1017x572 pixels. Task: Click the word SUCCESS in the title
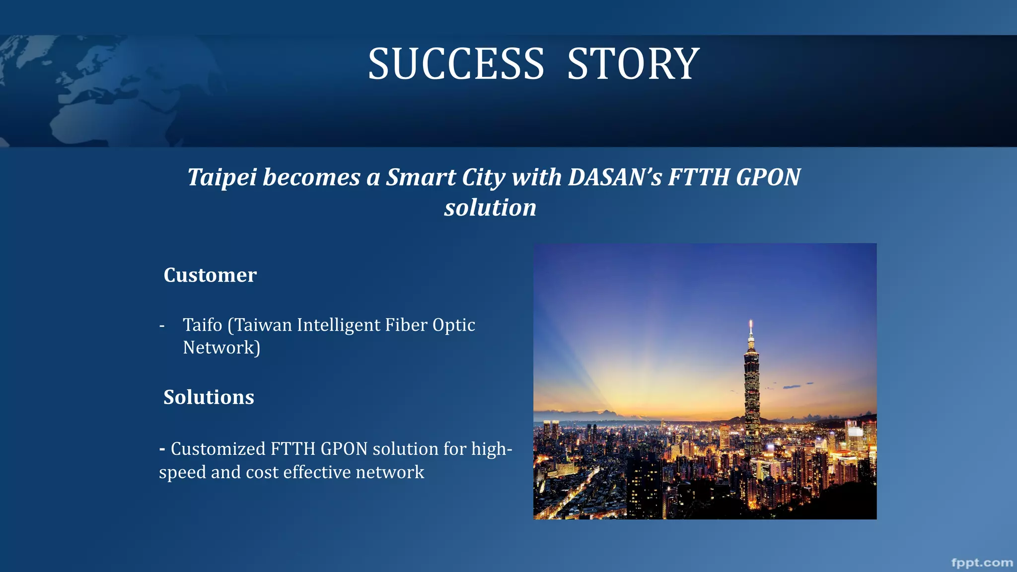click(456, 65)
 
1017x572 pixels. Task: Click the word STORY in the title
click(633, 65)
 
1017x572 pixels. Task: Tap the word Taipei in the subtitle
click(221, 178)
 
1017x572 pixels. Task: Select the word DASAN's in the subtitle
click(615, 177)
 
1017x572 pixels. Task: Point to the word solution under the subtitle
click(490, 208)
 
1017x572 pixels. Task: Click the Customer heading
click(210, 275)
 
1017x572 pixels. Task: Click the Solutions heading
click(209, 397)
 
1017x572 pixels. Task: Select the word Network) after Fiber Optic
click(221, 348)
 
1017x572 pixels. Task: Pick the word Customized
click(218, 449)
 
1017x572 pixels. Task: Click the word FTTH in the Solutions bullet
click(293, 449)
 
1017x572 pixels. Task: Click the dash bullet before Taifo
click(162, 326)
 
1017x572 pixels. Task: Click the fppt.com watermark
click(982, 563)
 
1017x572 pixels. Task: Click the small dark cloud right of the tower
click(792, 386)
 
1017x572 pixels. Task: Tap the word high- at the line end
click(492, 449)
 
